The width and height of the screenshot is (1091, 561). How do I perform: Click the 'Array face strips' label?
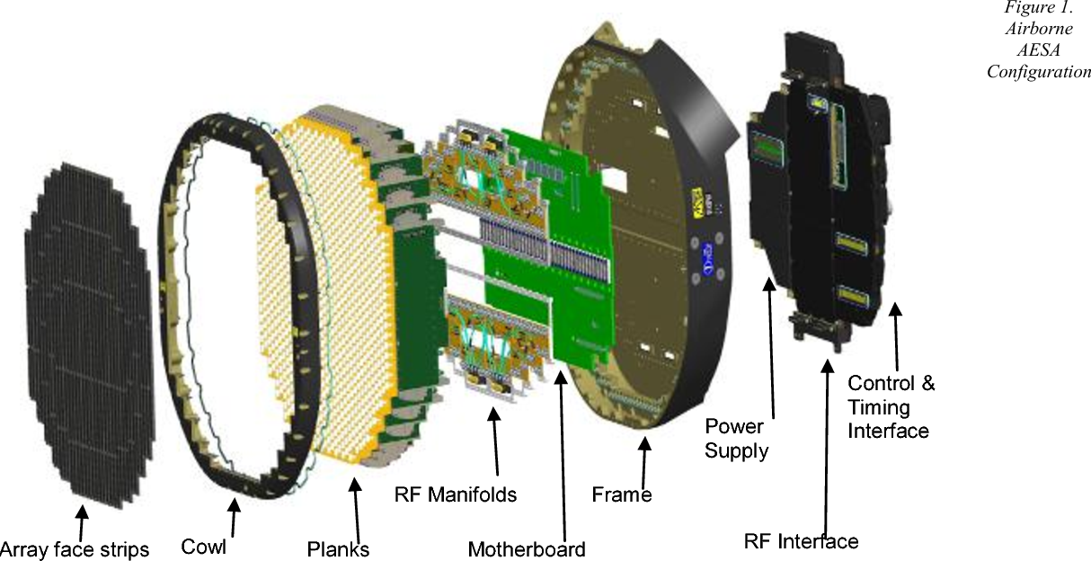point(75,548)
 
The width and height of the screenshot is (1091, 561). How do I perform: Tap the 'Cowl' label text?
point(204,547)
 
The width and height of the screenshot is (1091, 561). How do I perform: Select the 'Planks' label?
point(338,548)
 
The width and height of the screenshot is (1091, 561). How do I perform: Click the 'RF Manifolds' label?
point(456,494)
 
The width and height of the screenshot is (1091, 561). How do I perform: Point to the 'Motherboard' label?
point(527,548)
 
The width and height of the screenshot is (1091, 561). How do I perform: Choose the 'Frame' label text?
point(621,494)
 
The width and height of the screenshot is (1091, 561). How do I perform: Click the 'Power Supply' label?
point(737,437)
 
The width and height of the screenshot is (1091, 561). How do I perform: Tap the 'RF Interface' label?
point(801,540)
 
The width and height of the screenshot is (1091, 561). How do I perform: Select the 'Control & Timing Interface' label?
point(891,407)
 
